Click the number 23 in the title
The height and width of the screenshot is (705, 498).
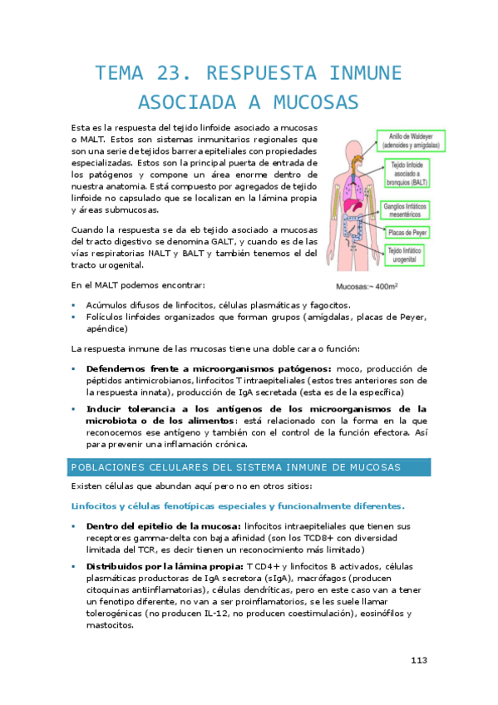(168, 71)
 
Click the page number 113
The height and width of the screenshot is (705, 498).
(418, 660)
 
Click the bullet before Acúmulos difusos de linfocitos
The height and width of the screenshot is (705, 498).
(74, 305)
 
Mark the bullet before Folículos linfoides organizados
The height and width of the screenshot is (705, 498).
(74, 317)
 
